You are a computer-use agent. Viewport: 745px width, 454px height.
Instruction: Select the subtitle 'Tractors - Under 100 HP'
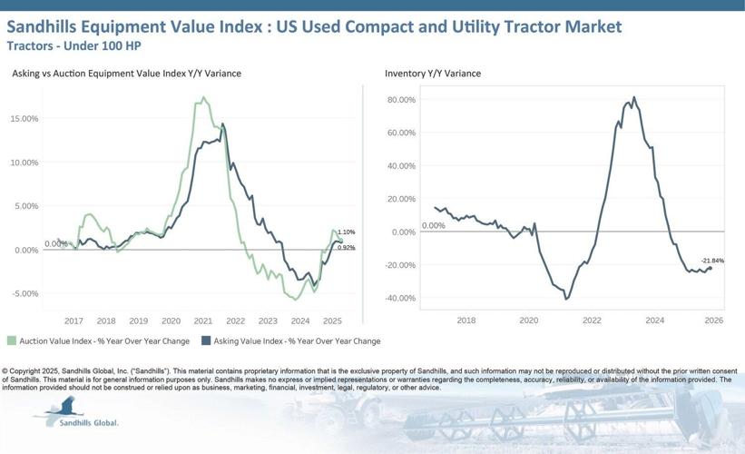[x=74, y=44]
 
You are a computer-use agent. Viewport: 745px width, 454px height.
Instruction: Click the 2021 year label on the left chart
[x=202, y=321]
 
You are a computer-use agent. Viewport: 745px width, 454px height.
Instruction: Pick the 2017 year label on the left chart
[x=74, y=321]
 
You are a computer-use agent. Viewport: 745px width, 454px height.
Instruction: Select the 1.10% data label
[x=346, y=232]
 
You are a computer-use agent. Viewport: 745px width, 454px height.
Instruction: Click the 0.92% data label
[x=346, y=247]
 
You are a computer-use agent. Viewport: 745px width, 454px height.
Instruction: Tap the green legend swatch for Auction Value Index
[x=12, y=341]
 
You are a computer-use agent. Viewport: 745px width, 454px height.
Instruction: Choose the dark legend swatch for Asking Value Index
[x=207, y=341]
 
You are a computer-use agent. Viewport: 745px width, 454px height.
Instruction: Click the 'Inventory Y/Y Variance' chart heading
[x=432, y=74]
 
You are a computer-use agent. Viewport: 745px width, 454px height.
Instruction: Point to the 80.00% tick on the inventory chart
[x=400, y=100]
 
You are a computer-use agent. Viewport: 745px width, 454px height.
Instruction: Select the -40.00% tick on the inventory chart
[x=400, y=298]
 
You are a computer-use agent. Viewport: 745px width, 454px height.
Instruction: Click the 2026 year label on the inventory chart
[x=713, y=321]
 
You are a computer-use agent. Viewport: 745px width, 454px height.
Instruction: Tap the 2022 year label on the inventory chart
[x=592, y=321]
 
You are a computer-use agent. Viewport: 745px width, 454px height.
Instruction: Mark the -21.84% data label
[x=711, y=261]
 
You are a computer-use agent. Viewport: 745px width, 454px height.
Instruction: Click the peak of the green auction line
[x=203, y=97]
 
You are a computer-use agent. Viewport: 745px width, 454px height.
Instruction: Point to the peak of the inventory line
[x=633, y=97]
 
